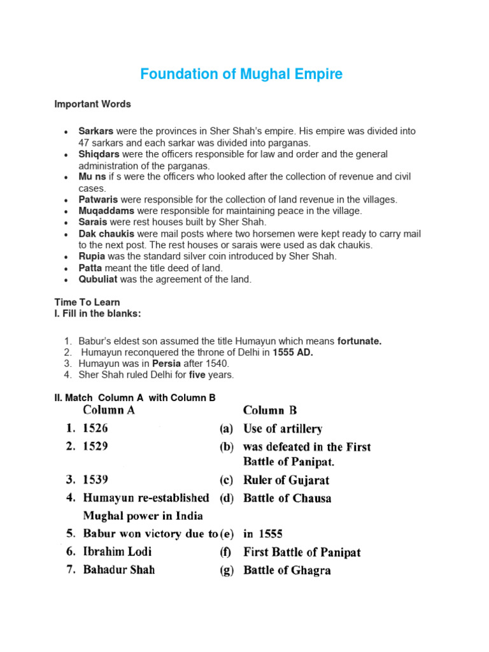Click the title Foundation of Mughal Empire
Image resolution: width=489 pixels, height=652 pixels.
[x=241, y=74]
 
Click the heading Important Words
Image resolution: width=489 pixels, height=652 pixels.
[x=92, y=104]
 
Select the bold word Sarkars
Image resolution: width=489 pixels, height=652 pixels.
[x=96, y=131]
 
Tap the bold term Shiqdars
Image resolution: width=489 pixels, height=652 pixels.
[x=99, y=154]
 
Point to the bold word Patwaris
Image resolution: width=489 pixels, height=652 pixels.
[x=99, y=200]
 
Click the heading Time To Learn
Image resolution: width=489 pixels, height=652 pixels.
[x=87, y=302]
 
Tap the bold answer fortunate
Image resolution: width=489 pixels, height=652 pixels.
[x=359, y=341]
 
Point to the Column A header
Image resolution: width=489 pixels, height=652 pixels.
[x=110, y=411]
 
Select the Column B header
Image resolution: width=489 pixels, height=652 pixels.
[x=270, y=411]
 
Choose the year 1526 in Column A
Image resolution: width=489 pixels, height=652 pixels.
[x=96, y=429]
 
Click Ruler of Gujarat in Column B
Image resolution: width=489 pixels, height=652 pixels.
[x=287, y=480]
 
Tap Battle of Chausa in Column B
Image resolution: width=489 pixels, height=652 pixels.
[x=287, y=498]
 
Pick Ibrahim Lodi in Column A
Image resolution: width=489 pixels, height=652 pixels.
[x=117, y=551]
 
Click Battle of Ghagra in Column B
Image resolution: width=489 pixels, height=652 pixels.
[x=287, y=570]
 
